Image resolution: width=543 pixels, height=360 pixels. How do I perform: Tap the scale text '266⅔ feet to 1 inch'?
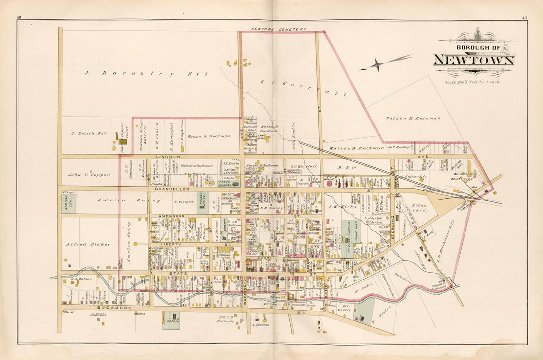[472, 82]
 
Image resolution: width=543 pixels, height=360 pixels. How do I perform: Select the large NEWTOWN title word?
[474, 60]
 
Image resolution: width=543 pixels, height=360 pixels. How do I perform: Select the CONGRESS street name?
[171, 216]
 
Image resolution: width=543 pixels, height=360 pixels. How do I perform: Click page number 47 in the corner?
[524, 18]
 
